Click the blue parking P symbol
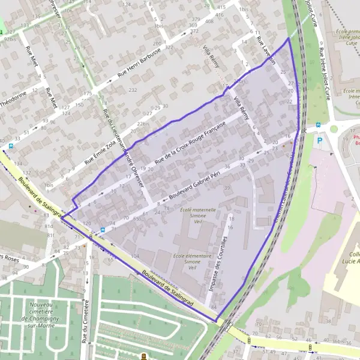pyautogui.click(x=320, y=140)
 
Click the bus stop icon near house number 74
pyautogui.click(x=103, y=229)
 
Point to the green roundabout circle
pyautogui.click(x=334, y=128)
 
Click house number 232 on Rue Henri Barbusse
pyautogui.click(x=133, y=89)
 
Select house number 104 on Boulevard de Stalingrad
pyautogui.click(x=134, y=256)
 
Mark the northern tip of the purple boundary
pyautogui.click(x=289, y=38)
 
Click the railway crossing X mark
pyautogui.click(x=305, y=130)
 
